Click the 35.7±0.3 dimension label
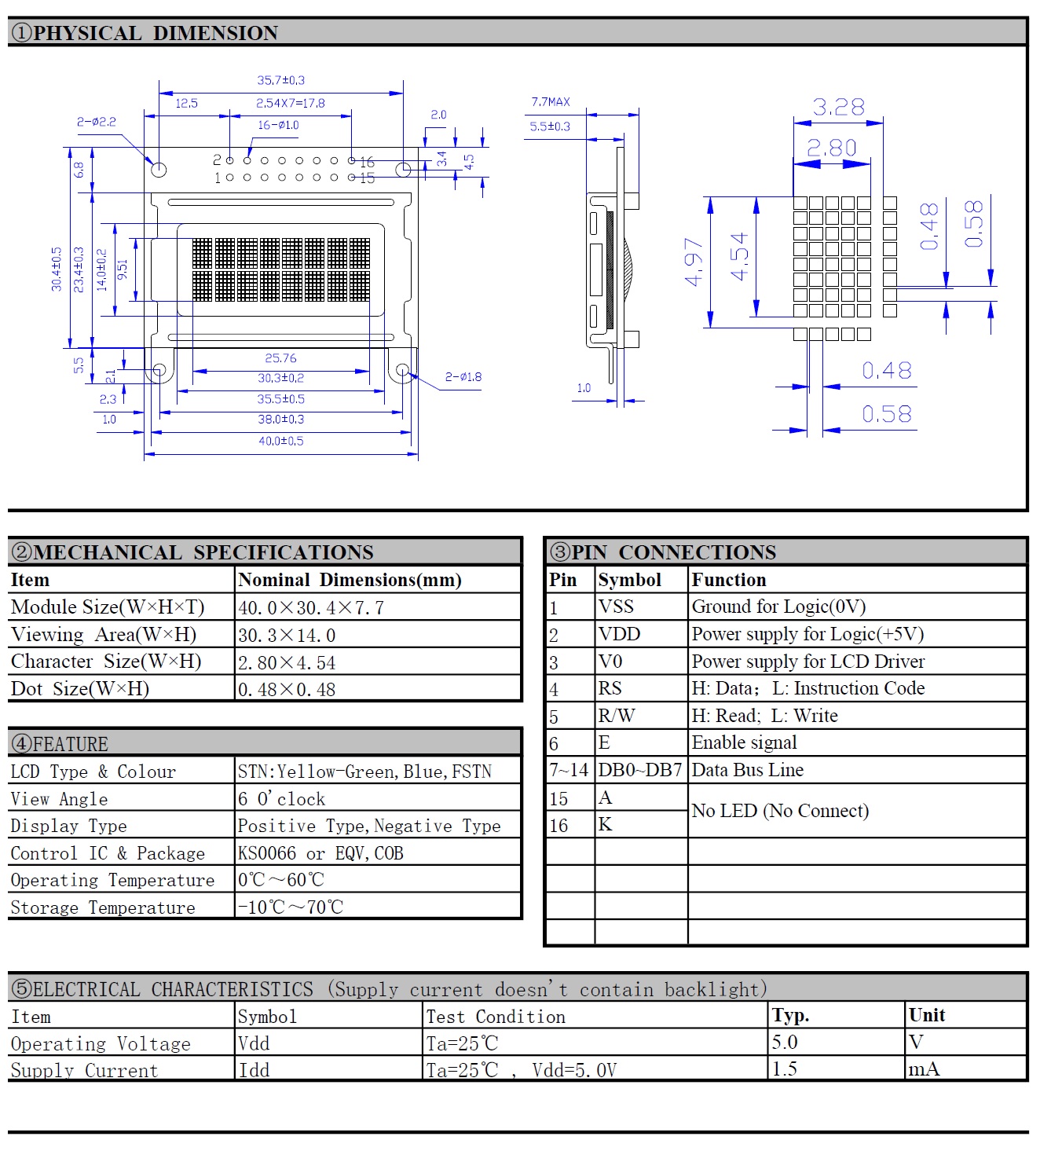(x=280, y=80)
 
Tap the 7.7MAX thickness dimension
(x=551, y=102)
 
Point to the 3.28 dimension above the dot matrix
(x=838, y=108)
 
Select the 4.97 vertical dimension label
(x=694, y=262)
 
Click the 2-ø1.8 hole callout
(x=463, y=377)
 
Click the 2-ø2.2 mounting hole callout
(x=97, y=122)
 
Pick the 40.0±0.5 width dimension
(x=281, y=442)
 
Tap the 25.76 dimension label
(x=280, y=358)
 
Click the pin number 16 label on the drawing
(x=367, y=163)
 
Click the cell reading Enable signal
(x=744, y=743)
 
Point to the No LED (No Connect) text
(x=780, y=812)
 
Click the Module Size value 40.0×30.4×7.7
(x=311, y=608)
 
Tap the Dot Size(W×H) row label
(x=80, y=689)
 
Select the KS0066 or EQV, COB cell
(x=320, y=854)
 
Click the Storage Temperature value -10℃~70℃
(x=291, y=907)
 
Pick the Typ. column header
(x=790, y=1016)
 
